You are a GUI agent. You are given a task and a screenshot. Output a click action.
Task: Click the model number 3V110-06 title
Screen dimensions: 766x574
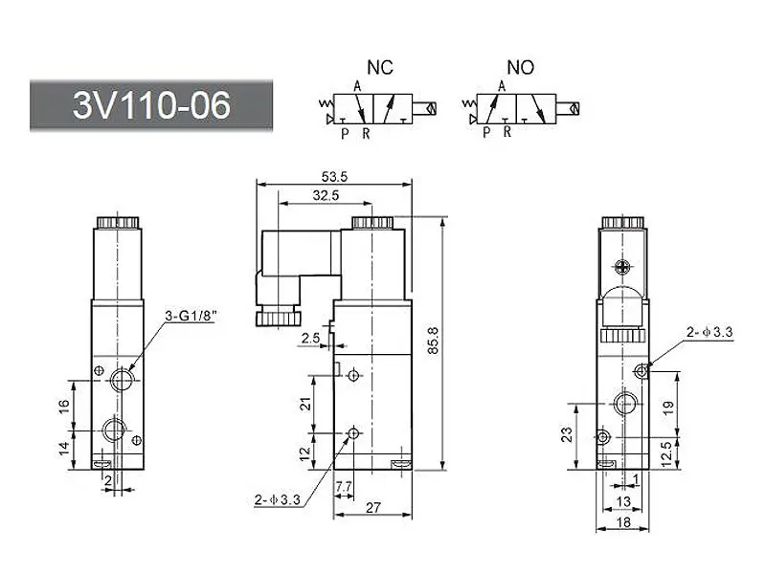[151, 105]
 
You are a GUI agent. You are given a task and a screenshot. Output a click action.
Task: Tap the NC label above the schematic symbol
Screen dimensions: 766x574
[380, 67]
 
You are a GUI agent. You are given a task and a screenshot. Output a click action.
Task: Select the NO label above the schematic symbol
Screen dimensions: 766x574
[520, 67]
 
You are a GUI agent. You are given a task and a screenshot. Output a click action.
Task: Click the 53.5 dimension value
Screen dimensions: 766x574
[334, 176]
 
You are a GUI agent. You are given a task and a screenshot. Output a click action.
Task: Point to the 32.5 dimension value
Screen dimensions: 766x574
[326, 195]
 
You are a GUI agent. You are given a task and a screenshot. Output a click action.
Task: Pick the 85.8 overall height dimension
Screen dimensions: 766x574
[434, 341]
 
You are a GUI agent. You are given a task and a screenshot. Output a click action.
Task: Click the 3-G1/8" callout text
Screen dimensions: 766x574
[191, 316]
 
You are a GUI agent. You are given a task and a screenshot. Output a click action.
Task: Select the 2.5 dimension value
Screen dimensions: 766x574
[310, 338]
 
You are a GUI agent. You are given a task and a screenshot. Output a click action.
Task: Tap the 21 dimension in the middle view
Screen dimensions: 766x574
[305, 404]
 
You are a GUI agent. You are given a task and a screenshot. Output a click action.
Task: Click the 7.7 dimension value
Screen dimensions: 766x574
[344, 486]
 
